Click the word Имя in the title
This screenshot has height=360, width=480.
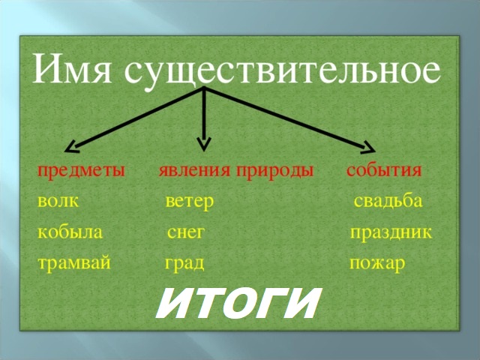pos(72,69)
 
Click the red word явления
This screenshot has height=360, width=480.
pos(194,170)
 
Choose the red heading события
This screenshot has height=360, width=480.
pos(384,170)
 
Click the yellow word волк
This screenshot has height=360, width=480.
pos(58,202)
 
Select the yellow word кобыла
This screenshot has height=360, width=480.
pos(70,232)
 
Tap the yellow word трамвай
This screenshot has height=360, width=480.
pos(74,263)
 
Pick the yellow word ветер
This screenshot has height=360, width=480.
pos(190,202)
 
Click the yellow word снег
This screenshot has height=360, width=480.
pos(186,232)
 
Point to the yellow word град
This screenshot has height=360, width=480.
pos(184,264)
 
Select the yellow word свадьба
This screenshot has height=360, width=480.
pos(388,201)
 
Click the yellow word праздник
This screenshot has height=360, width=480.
pos(391,233)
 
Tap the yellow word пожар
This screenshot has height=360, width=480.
pos(377,264)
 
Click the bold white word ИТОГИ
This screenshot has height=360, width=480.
pos(239,303)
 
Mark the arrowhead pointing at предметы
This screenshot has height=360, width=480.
pos(68,148)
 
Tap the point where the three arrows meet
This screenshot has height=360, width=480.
pos(204,88)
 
